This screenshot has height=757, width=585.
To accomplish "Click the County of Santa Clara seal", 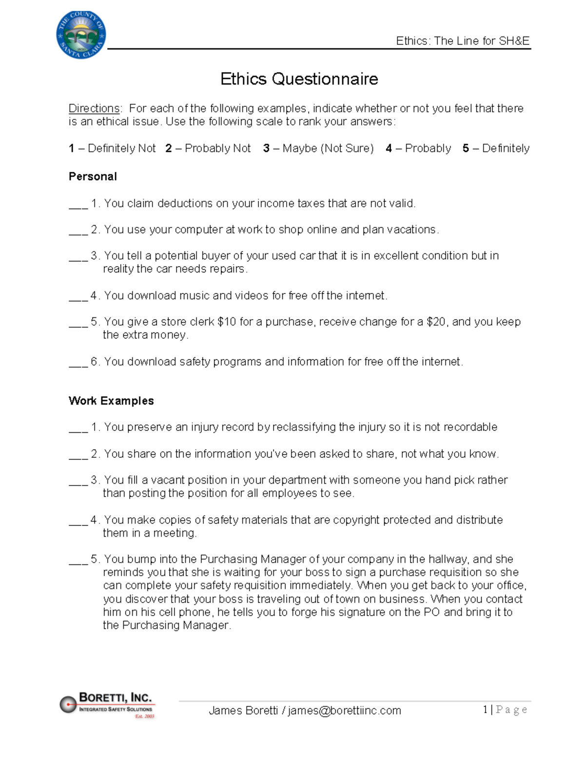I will (81, 35).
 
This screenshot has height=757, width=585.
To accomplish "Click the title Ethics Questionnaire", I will (299, 79).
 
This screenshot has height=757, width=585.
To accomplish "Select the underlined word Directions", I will (94, 108).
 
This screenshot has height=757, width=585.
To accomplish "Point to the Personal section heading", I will (93, 176).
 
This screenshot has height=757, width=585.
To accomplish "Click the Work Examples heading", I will (111, 401).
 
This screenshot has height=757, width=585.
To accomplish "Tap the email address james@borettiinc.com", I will (344, 711).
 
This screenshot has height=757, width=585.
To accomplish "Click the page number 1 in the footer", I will (486, 710).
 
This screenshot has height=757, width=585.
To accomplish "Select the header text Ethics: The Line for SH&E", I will (462, 41).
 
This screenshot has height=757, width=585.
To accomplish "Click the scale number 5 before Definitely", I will (466, 148).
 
